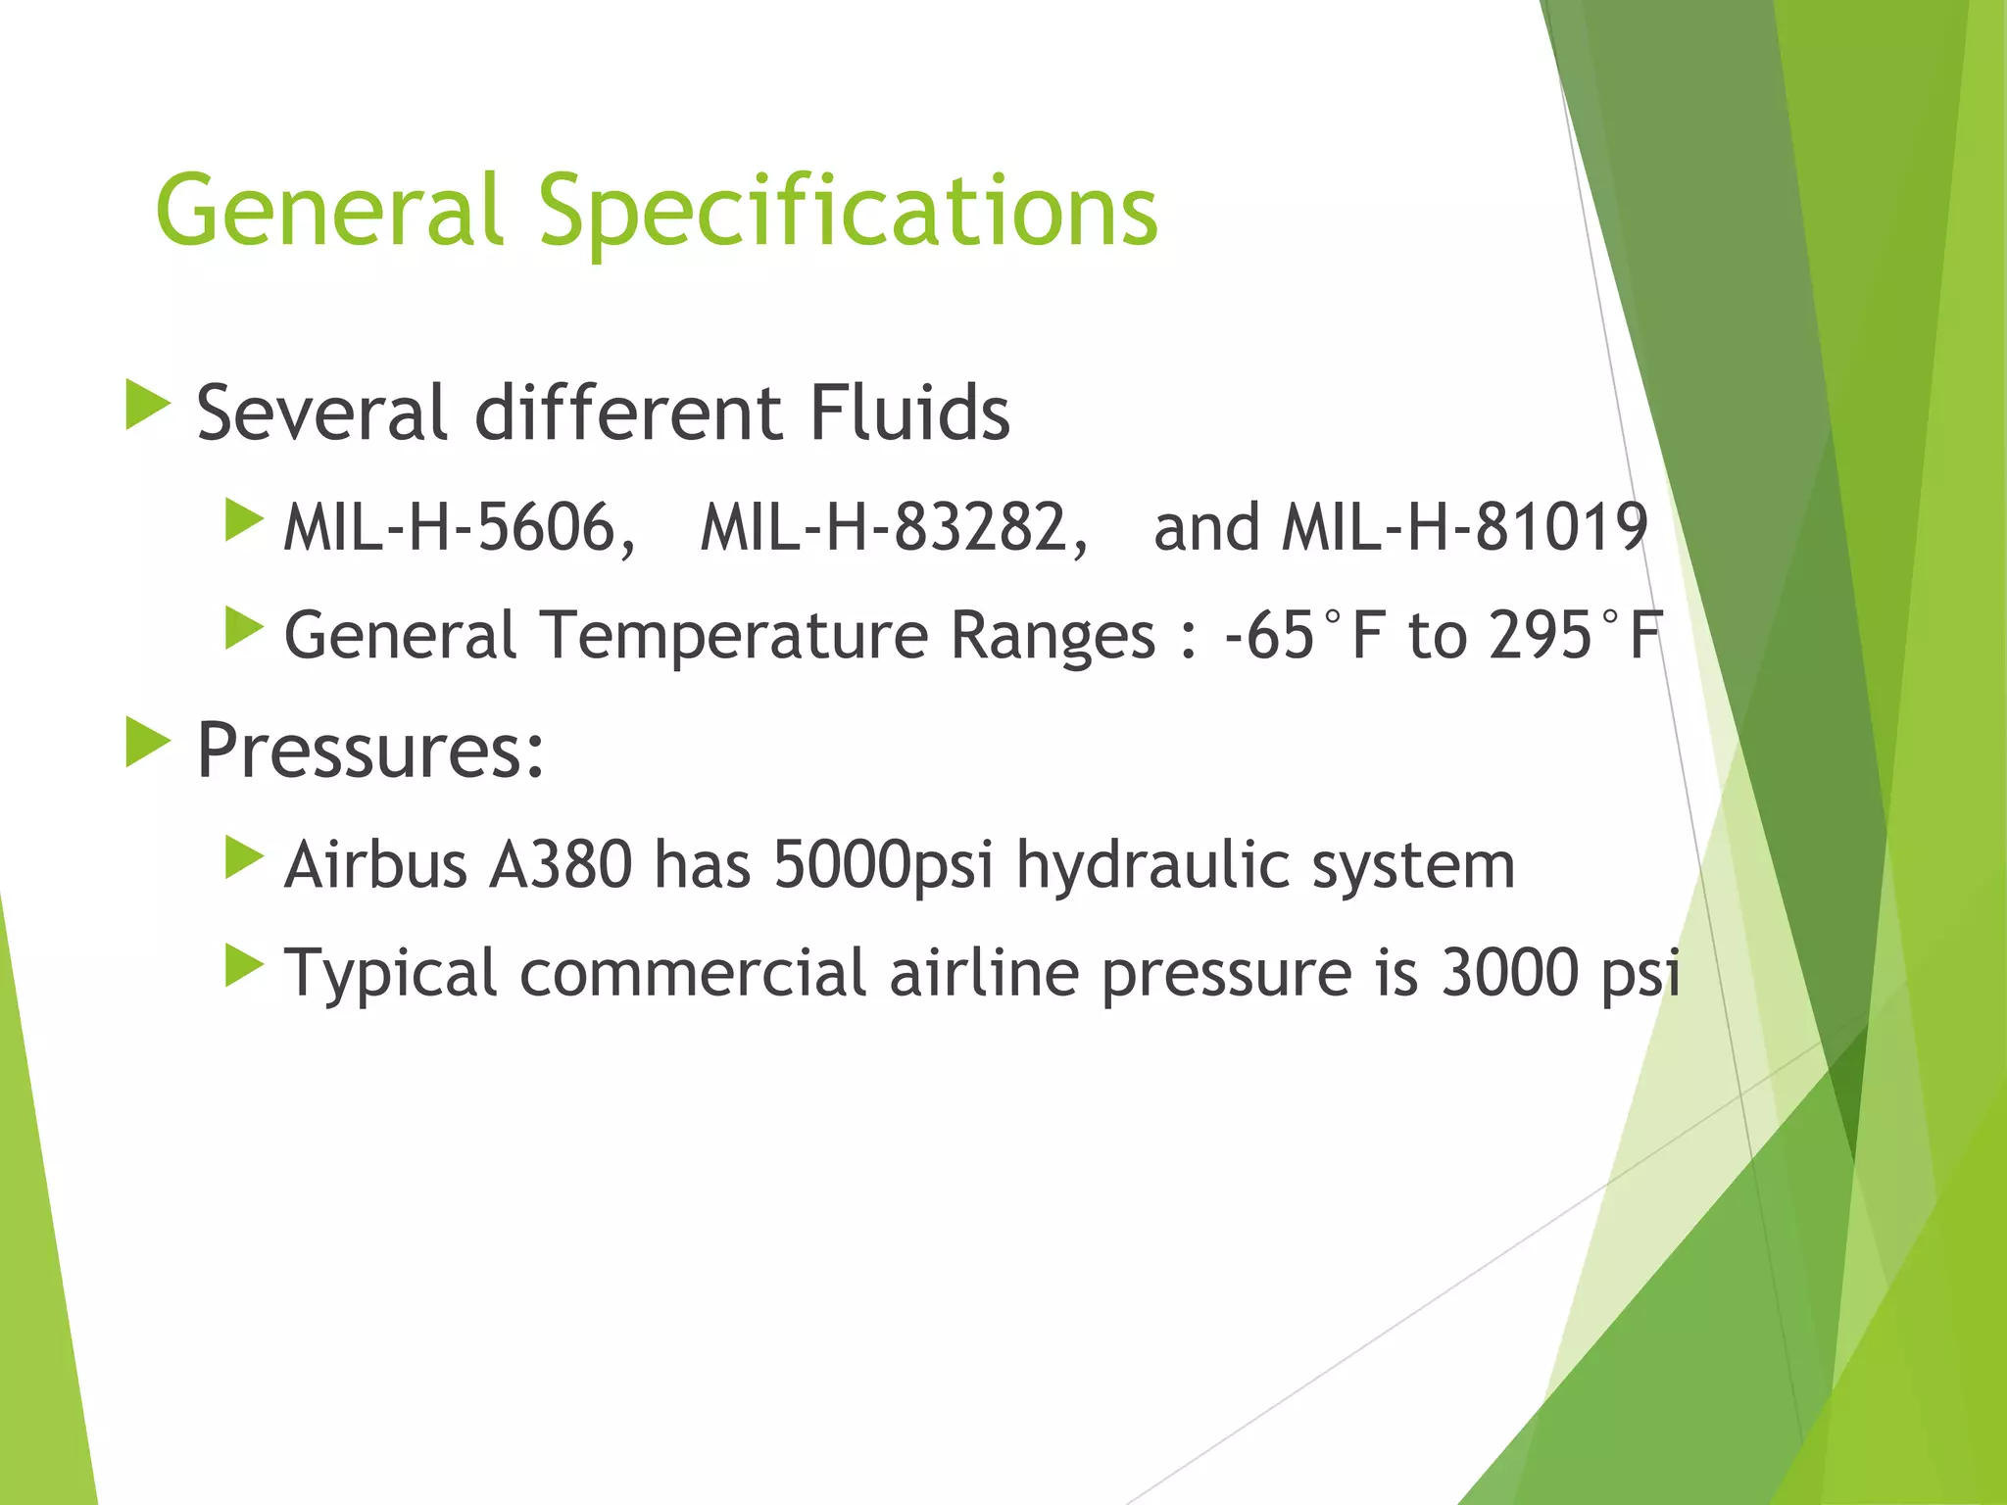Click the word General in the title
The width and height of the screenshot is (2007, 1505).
(x=329, y=211)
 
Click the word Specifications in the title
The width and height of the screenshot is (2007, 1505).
(x=849, y=211)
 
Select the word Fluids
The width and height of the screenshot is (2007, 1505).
(x=909, y=413)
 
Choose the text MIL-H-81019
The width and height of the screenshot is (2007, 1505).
(x=1465, y=528)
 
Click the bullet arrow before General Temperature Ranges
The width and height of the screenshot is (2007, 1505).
(x=244, y=628)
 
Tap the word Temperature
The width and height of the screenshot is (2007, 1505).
(x=733, y=636)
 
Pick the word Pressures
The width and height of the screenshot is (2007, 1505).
(x=369, y=751)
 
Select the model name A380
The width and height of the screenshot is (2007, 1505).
(x=561, y=865)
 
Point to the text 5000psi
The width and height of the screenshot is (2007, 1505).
(x=882, y=865)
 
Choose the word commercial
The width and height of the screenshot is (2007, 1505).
(x=693, y=973)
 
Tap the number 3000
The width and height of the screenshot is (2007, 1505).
(x=1510, y=973)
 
